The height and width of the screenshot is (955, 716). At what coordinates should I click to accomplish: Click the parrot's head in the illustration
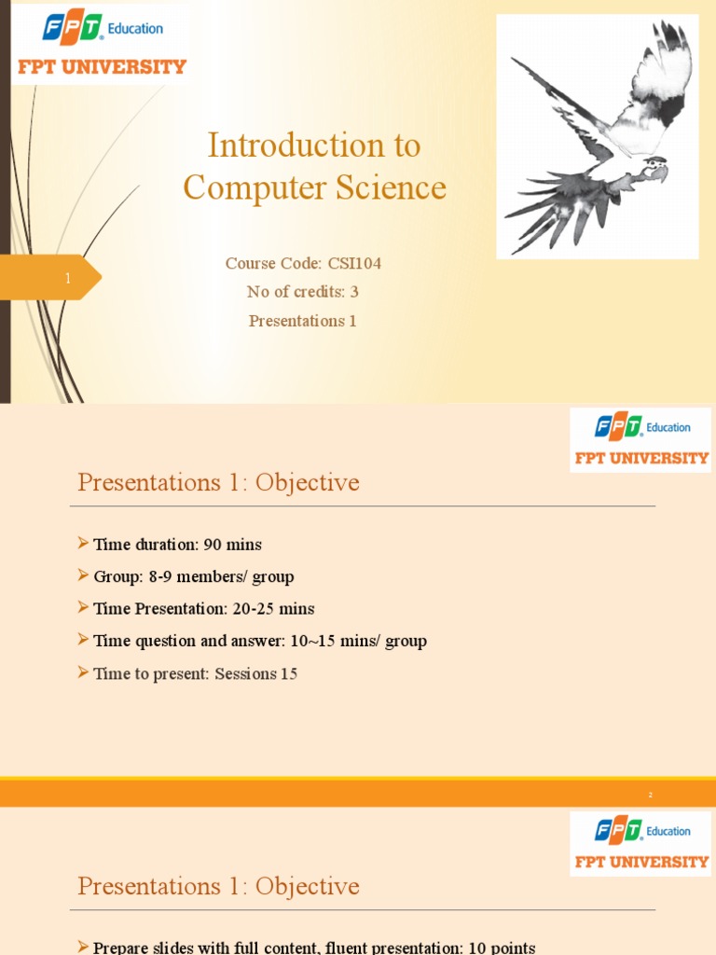pyautogui.click(x=655, y=170)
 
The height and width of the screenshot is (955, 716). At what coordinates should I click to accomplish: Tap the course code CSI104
pyautogui.click(x=354, y=264)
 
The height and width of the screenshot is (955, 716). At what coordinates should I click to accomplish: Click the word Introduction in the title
pyautogui.click(x=280, y=145)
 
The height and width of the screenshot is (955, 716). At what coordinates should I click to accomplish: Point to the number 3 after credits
pyautogui.click(x=354, y=292)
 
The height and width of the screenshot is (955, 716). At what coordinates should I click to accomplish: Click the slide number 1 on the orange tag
pyautogui.click(x=68, y=278)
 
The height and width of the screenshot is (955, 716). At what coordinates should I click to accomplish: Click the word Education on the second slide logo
pyautogui.click(x=668, y=427)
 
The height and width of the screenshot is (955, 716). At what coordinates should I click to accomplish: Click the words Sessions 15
pyautogui.click(x=255, y=673)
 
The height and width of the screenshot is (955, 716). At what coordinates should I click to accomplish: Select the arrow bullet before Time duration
pyautogui.click(x=83, y=544)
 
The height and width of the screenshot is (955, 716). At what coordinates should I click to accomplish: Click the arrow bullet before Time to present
pyautogui.click(x=83, y=672)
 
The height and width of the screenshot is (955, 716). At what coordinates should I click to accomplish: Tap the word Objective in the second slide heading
pyautogui.click(x=307, y=483)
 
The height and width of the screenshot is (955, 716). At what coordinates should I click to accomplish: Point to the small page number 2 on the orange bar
pyautogui.click(x=651, y=795)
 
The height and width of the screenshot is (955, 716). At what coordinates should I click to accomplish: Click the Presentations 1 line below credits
pyautogui.click(x=303, y=321)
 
